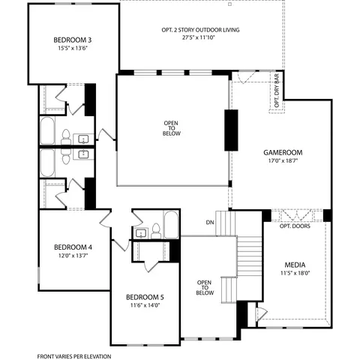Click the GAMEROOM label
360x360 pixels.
pos(277,151)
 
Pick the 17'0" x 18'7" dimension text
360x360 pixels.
pos(277,160)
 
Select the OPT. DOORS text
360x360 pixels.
pos(295,226)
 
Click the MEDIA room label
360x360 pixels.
pos(294,265)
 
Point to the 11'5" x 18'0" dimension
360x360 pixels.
pos(294,274)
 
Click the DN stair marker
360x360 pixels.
pos(209,223)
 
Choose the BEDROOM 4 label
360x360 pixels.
pos(73,247)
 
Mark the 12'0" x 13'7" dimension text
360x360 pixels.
pos(73,256)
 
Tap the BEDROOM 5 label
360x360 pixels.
pos(145,297)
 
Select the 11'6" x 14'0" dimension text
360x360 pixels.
pos(145,306)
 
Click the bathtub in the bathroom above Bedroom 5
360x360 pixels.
pos(170,225)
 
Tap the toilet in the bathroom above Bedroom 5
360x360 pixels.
pos(154,229)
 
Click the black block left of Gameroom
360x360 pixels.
pos(231,130)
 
